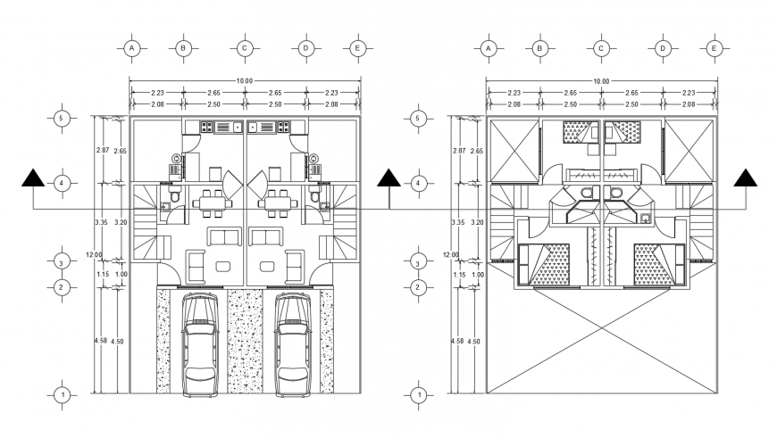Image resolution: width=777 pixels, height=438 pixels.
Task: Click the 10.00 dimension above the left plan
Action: pos(245,81)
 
